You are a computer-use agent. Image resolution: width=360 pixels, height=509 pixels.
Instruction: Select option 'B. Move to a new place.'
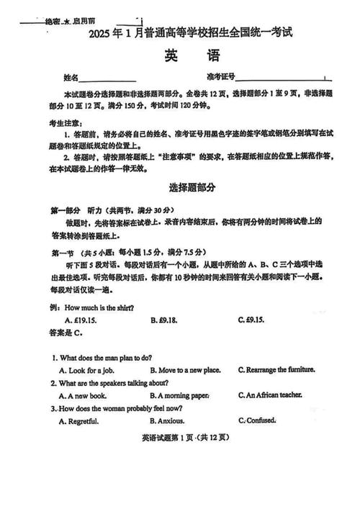point(185,370)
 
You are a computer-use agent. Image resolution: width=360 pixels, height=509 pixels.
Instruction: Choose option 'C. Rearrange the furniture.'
point(276,370)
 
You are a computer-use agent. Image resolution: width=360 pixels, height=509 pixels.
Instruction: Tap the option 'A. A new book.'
point(83,395)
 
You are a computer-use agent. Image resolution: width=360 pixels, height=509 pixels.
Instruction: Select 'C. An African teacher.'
point(270,395)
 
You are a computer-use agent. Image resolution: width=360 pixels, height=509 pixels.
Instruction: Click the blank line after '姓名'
point(107,78)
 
